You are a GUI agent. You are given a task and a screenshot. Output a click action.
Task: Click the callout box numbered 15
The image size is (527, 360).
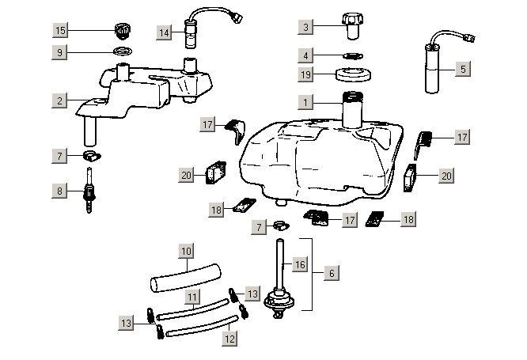(60, 30)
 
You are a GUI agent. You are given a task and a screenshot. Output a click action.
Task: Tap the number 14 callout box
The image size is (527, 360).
(165, 32)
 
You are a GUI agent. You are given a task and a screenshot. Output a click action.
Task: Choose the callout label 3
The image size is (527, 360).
(306, 28)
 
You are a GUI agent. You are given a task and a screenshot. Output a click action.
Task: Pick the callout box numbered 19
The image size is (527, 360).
(306, 74)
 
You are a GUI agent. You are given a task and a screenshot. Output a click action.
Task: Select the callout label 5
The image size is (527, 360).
(463, 69)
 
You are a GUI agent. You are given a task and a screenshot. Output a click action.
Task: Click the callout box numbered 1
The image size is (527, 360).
(306, 101)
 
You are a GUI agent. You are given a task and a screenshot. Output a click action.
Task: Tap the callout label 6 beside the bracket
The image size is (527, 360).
(331, 273)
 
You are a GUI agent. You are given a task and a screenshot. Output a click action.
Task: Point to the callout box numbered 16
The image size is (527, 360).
(299, 263)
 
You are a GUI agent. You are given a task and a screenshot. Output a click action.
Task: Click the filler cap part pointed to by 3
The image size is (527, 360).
(351, 25)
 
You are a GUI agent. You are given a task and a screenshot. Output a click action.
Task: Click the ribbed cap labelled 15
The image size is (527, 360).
(121, 31)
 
